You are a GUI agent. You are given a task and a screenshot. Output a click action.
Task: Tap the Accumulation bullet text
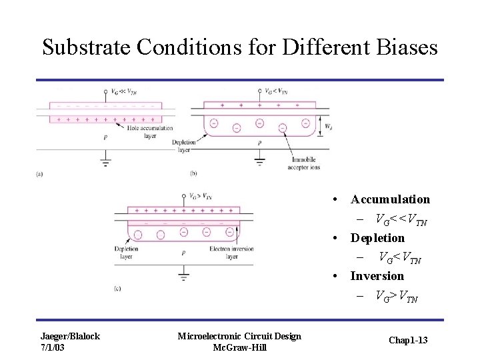(390, 199)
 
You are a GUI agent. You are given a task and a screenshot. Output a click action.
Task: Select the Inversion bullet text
(377, 276)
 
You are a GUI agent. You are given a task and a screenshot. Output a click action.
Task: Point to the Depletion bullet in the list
(377, 238)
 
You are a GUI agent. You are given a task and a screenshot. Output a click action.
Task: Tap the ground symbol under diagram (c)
(183, 275)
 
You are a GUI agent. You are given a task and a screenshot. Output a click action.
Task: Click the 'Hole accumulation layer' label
(151, 132)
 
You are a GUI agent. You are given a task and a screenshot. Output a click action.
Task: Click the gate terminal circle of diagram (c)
(183, 196)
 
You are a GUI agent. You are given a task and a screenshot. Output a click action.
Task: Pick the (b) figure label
(193, 174)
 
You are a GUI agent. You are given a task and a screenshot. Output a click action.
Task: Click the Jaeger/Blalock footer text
(70, 336)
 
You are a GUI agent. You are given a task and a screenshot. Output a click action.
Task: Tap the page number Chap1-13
(407, 341)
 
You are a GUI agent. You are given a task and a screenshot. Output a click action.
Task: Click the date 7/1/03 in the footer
(53, 347)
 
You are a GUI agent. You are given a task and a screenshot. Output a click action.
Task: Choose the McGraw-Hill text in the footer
(239, 347)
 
